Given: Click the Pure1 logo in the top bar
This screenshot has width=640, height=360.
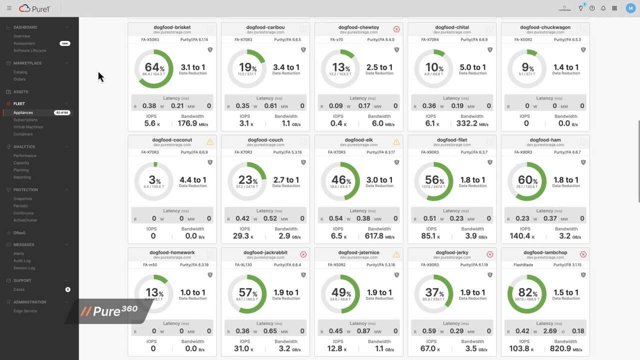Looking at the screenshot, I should (32, 8).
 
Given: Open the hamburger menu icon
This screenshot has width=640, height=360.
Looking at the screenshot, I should (9, 8).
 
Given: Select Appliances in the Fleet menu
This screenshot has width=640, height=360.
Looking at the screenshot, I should (23, 112).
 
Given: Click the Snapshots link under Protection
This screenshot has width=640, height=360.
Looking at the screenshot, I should (22, 198).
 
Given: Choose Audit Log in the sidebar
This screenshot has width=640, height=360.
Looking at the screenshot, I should (21, 260).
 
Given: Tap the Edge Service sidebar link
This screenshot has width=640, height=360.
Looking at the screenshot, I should (25, 311).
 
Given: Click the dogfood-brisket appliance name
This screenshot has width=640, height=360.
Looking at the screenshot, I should (172, 27).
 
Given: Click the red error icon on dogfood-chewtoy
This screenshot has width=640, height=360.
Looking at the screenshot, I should (396, 29).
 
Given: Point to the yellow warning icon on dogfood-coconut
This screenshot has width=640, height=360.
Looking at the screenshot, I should (210, 142).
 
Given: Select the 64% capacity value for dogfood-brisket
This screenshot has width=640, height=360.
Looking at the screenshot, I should (152, 67).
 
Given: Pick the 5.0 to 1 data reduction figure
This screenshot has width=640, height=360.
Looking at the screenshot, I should (472, 67).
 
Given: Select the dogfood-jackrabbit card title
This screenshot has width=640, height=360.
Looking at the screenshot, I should (265, 253).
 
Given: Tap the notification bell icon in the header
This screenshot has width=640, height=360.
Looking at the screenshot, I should (603, 8).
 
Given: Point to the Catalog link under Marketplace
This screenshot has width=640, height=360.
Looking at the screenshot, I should (20, 72).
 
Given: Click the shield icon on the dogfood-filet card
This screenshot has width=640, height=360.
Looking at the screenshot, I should (490, 162).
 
